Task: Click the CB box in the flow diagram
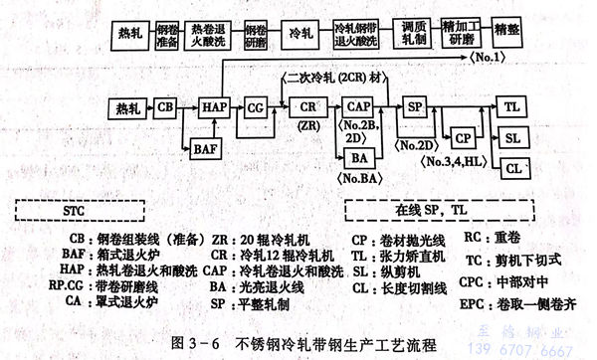167,105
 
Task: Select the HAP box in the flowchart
215,105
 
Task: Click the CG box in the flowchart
257,105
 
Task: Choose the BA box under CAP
361,157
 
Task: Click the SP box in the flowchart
418,105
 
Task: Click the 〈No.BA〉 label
362,181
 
